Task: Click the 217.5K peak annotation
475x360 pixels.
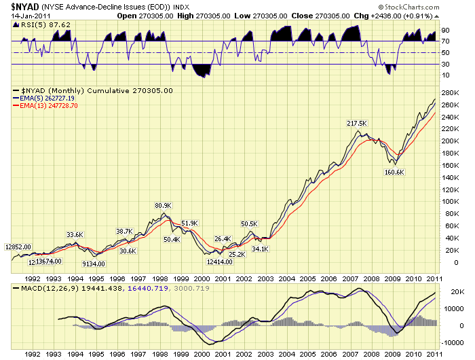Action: [356, 123]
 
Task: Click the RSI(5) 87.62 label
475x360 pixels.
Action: [35, 23]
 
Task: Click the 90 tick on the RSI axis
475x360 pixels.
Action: [446, 31]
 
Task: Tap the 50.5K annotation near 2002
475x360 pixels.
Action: [250, 223]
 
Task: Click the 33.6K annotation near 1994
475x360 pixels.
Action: [75, 235]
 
